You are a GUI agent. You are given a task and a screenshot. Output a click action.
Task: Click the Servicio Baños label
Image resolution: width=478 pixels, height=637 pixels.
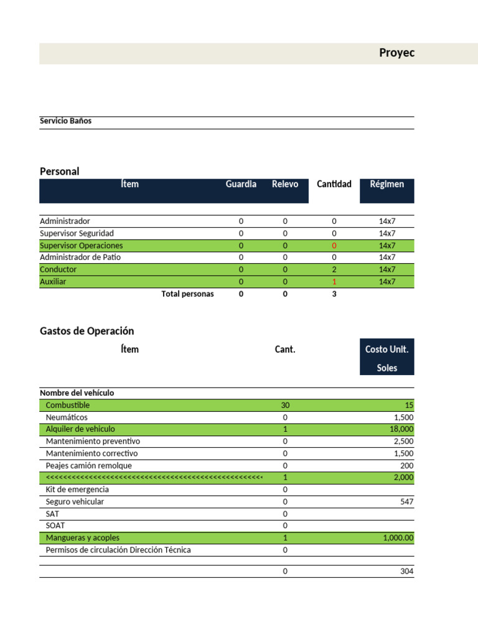(65, 121)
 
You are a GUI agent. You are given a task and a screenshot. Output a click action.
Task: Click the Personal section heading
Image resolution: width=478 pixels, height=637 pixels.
(60, 171)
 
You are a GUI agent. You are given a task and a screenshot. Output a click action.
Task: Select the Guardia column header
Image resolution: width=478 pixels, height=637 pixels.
(241, 184)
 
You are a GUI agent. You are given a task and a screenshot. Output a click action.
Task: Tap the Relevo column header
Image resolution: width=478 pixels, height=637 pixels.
(285, 184)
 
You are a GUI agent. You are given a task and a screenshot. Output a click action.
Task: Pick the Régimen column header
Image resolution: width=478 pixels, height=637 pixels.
(387, 184)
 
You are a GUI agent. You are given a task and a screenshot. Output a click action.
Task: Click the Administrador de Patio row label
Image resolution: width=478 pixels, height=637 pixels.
(80, 258)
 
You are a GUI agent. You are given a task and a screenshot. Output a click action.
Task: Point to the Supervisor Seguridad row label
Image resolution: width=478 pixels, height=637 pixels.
(77, 233)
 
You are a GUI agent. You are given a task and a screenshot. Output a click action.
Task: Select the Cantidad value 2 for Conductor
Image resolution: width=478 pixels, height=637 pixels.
(334, 270)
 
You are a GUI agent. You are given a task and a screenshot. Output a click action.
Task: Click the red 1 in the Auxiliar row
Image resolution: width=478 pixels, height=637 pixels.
(334, 282)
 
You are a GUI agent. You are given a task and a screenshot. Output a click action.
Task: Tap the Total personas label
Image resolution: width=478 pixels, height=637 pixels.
(187, 294)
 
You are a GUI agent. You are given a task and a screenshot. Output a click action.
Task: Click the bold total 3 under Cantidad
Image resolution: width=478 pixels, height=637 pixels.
(334, 294)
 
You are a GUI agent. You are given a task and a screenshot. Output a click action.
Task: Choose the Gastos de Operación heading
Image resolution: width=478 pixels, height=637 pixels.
(87, 331)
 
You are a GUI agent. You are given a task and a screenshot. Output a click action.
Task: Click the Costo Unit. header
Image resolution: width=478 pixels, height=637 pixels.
(387, 350)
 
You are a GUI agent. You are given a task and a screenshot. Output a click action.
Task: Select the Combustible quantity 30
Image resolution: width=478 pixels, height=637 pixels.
(285, 406)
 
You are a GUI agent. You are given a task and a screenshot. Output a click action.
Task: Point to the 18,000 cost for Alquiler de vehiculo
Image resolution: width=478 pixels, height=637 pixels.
(401, 429)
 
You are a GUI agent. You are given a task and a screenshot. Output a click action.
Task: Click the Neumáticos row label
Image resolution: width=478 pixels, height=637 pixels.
(67, 417)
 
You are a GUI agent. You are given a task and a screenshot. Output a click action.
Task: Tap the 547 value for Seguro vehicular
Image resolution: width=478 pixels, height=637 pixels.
(406, 502)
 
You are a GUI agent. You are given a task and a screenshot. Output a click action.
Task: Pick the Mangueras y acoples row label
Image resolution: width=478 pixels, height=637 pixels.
(83, 538)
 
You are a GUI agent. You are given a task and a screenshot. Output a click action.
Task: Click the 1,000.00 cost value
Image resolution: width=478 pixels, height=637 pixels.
(398, 538)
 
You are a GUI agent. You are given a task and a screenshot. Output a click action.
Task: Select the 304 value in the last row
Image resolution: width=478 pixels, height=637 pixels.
(406, 572)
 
